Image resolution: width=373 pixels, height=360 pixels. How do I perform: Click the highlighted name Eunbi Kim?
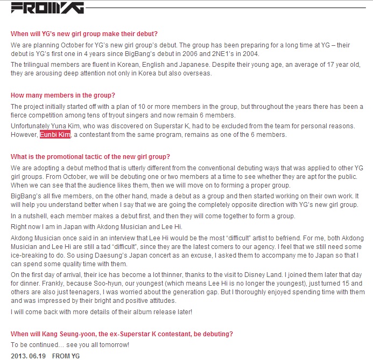coord(55,134)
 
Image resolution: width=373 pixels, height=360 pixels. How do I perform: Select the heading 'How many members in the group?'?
coord(63,95)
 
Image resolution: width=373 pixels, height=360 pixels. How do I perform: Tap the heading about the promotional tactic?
coord(90,157)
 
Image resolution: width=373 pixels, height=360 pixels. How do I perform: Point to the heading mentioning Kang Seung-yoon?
coord(122,334)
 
